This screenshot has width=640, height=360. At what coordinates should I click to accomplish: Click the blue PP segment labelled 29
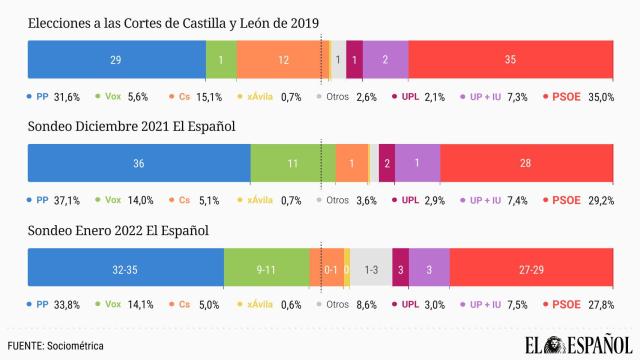[116, 60]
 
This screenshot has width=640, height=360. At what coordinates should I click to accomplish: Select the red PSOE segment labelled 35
[511, 60]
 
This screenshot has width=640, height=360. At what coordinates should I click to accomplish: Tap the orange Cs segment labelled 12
[283, 60]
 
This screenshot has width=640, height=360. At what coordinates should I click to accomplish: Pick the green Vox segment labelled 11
[293, 162]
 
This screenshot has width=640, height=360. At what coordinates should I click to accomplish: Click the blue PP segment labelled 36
[138, 162]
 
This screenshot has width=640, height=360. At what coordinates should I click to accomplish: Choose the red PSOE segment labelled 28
[527, 162]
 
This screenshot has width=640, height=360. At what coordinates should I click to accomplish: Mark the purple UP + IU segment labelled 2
[385, 60]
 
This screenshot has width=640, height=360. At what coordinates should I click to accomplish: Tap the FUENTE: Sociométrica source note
[55, 345]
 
